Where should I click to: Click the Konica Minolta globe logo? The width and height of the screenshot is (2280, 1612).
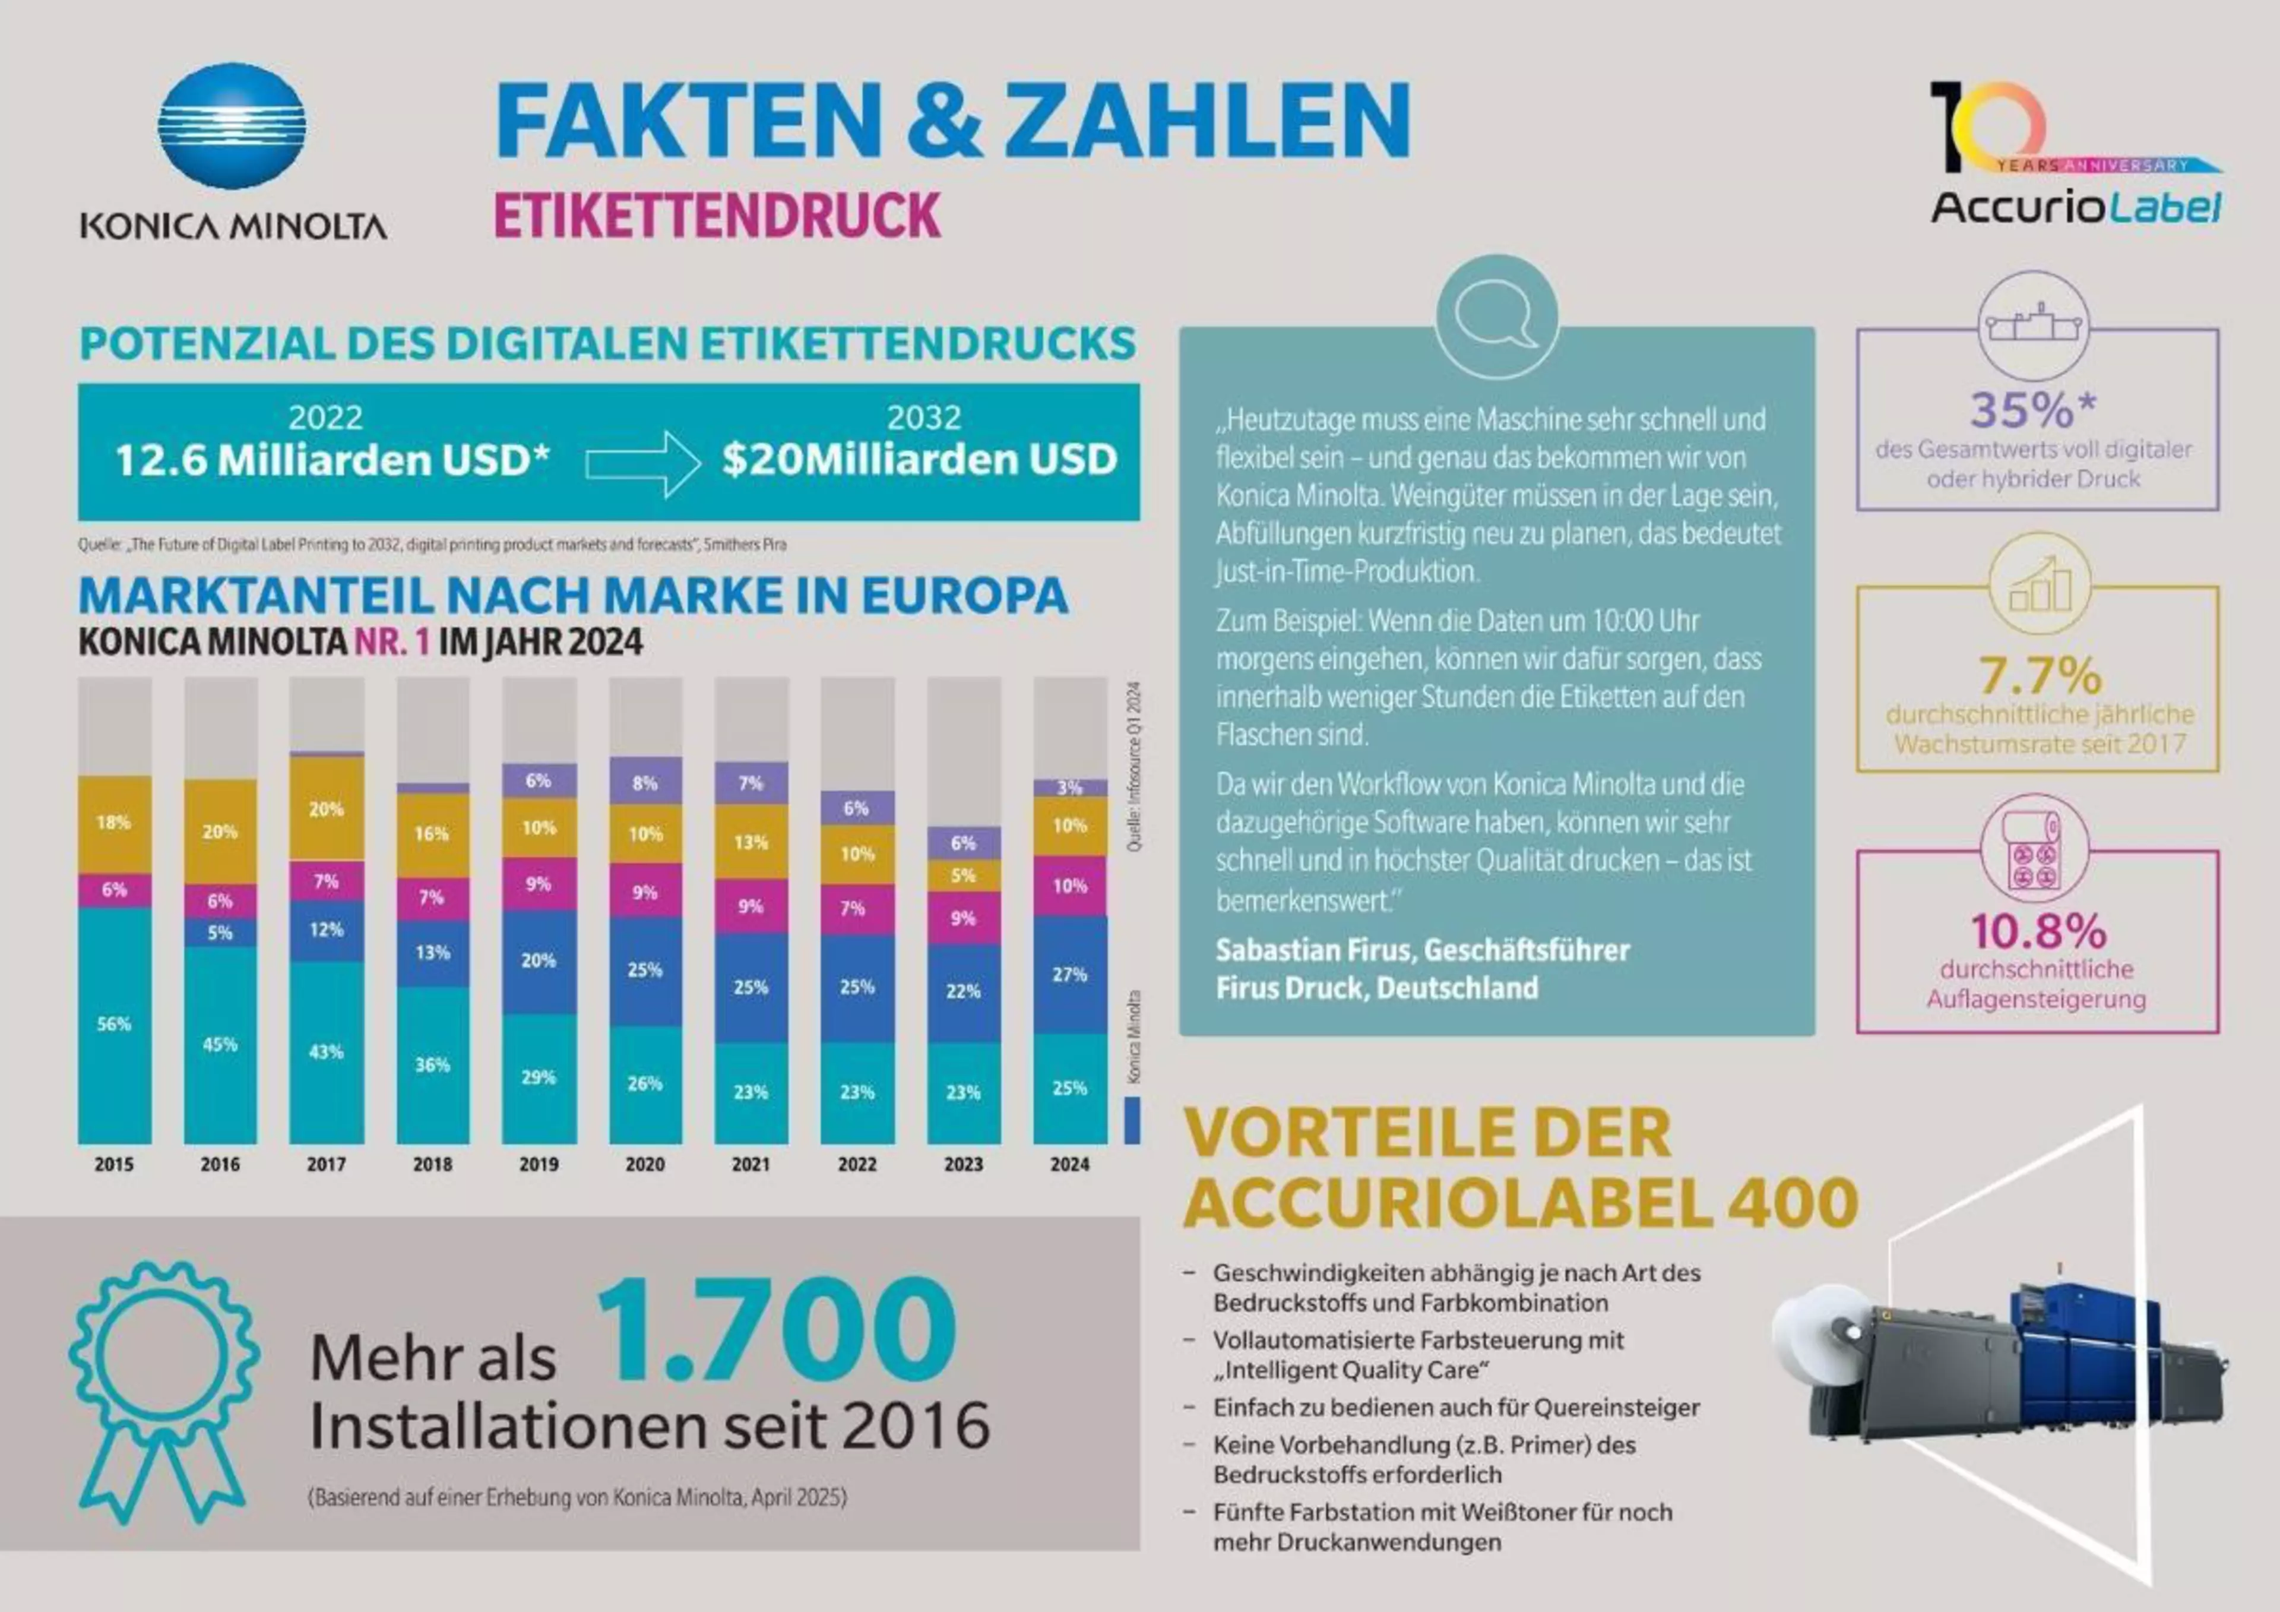pos(232,126)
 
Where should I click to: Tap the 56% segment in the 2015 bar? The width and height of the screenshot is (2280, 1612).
pos(114,1024)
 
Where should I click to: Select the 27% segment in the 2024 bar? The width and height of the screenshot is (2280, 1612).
pos(1069,974)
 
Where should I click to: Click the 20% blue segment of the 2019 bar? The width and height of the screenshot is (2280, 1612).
pos(538,960)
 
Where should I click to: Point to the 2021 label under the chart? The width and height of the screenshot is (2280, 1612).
pos(750,1164)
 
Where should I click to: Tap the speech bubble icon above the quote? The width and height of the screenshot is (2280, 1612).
pos(1496,316)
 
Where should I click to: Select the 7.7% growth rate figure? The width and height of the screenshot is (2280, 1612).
pos(2040,675)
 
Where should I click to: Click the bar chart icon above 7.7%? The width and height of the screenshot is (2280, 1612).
pos(2040,586)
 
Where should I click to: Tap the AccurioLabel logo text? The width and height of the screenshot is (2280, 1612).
pos(2075,207)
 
